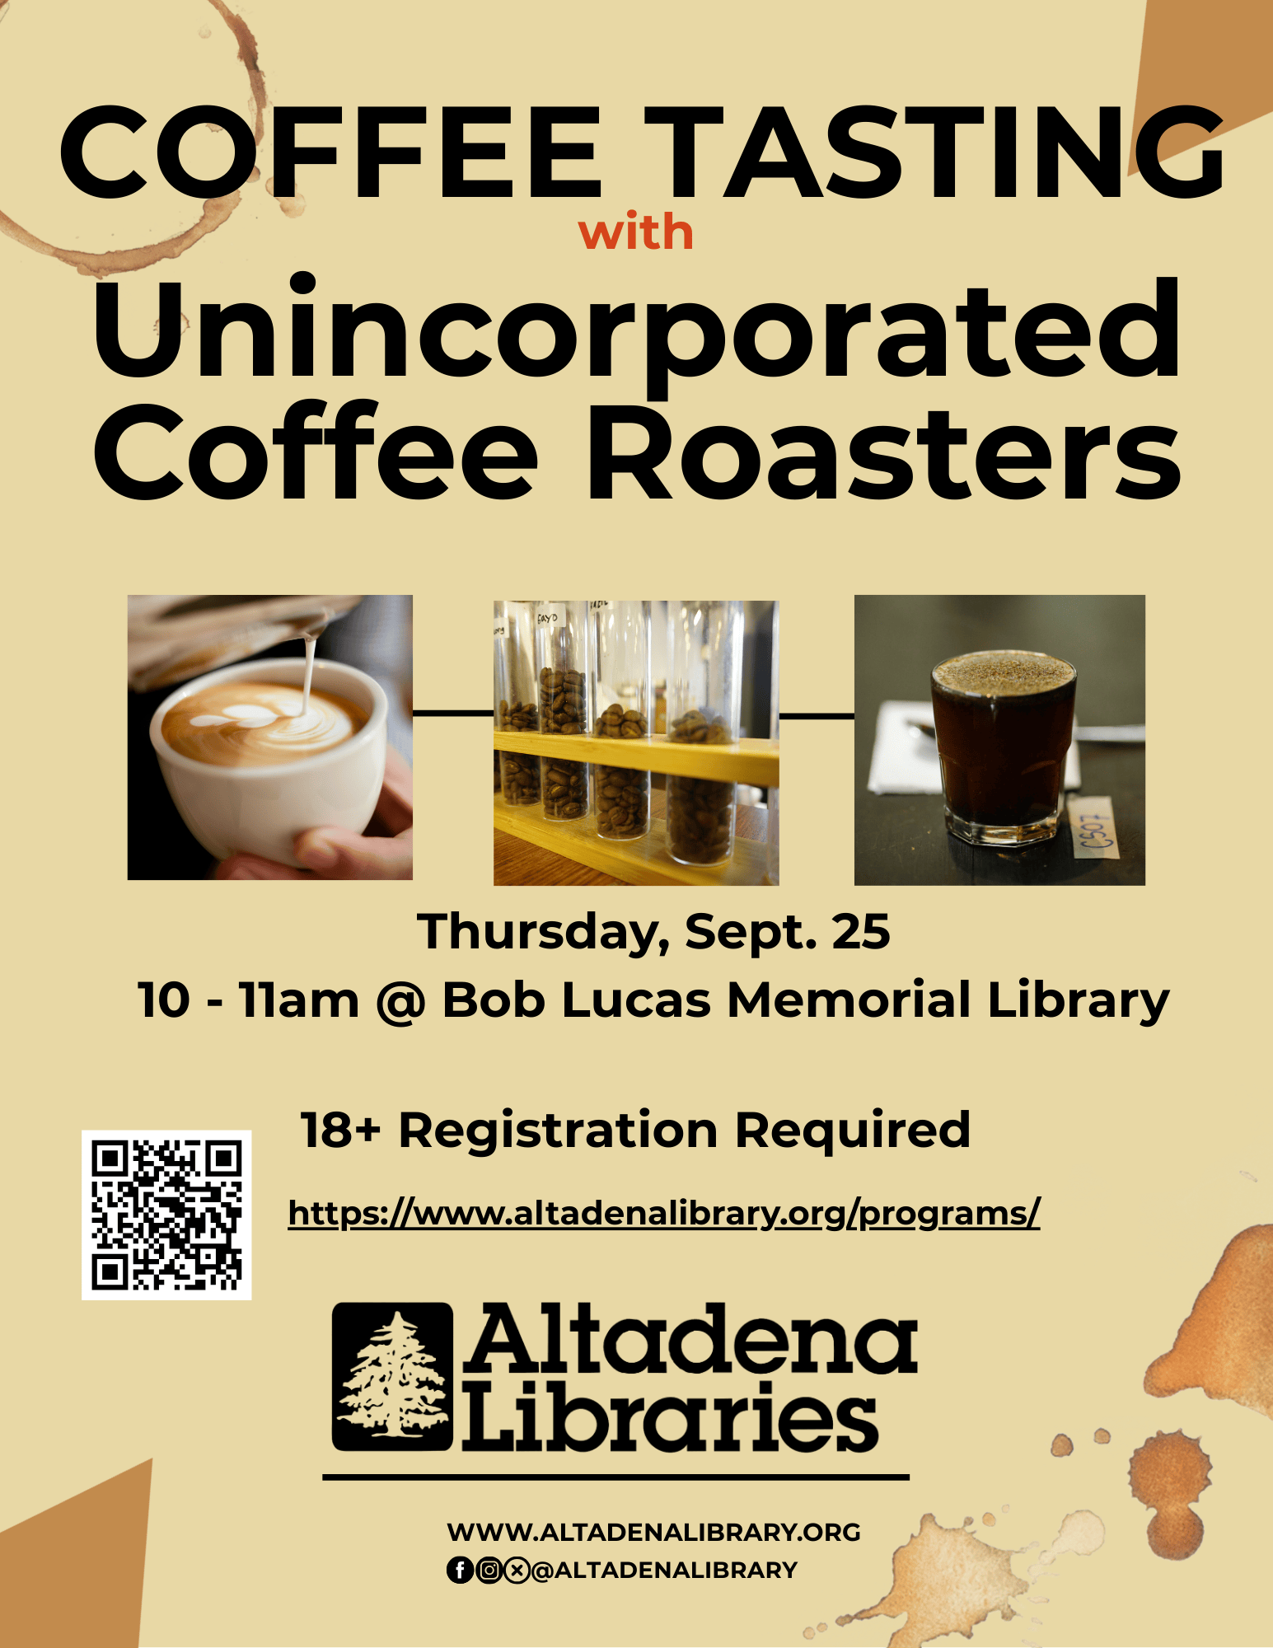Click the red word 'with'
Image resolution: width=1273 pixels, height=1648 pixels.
coord(635,233)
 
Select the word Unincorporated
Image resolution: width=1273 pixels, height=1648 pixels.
coord(636,330)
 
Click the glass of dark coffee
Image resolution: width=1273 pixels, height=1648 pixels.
coord(1001,750)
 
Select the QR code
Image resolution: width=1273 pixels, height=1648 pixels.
coord(166,1214)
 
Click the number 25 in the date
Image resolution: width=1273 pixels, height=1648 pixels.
coord(861,932)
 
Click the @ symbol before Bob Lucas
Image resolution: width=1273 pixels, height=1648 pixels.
coord(400,1001)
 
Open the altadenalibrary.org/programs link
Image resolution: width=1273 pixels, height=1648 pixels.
coord(663,1213)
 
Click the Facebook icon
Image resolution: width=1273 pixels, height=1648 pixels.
coord(460,1571)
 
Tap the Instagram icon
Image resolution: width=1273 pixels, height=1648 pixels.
coord(489,1571)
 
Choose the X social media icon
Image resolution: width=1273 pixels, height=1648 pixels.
coord(517,1571)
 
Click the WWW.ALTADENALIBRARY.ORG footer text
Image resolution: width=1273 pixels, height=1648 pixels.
coord(653,1532)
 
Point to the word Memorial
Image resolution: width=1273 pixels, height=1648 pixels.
coord(848,1001)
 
